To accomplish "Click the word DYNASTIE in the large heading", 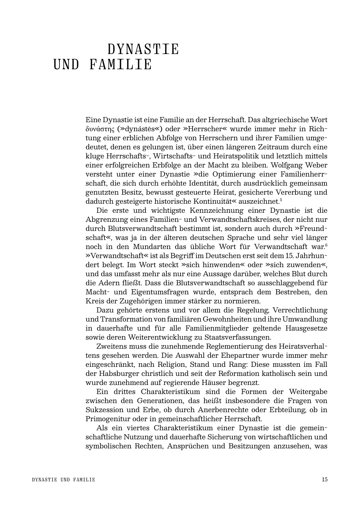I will [x=143, y=49].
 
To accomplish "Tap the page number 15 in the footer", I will [x=324, y=480].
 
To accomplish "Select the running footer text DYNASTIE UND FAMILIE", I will [x=63, y=480].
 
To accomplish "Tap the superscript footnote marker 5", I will [x=281, y=200].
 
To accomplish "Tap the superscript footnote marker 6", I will [x=326, y=245].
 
